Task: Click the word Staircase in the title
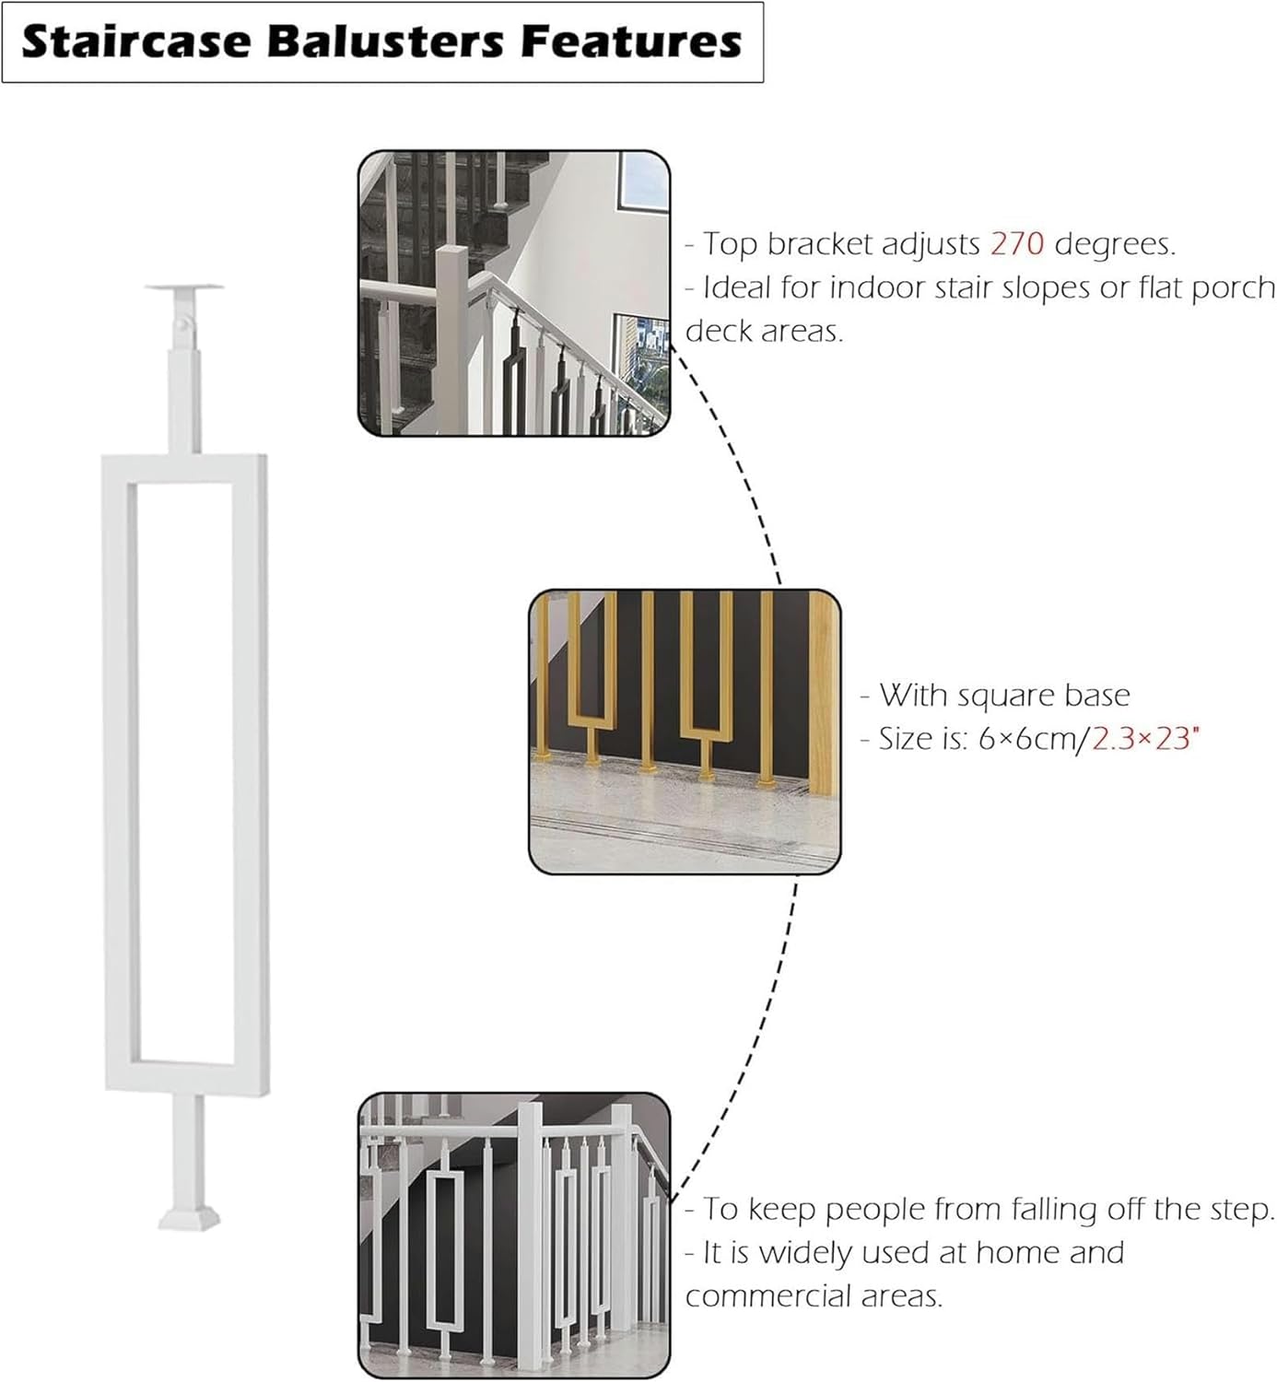click(x=129, y=42)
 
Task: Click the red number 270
click(x=1017, y=244)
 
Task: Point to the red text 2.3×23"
click(x=1145, y=739)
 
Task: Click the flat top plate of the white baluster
click(x=184, y=289)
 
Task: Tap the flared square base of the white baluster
click(x=189, y=1217)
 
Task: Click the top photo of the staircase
click(x=513, y=293)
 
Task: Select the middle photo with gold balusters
click(x=685, y=732)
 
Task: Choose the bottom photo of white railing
click(x=513, y=1235)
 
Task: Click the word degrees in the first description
click(x=1114, y=244)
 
